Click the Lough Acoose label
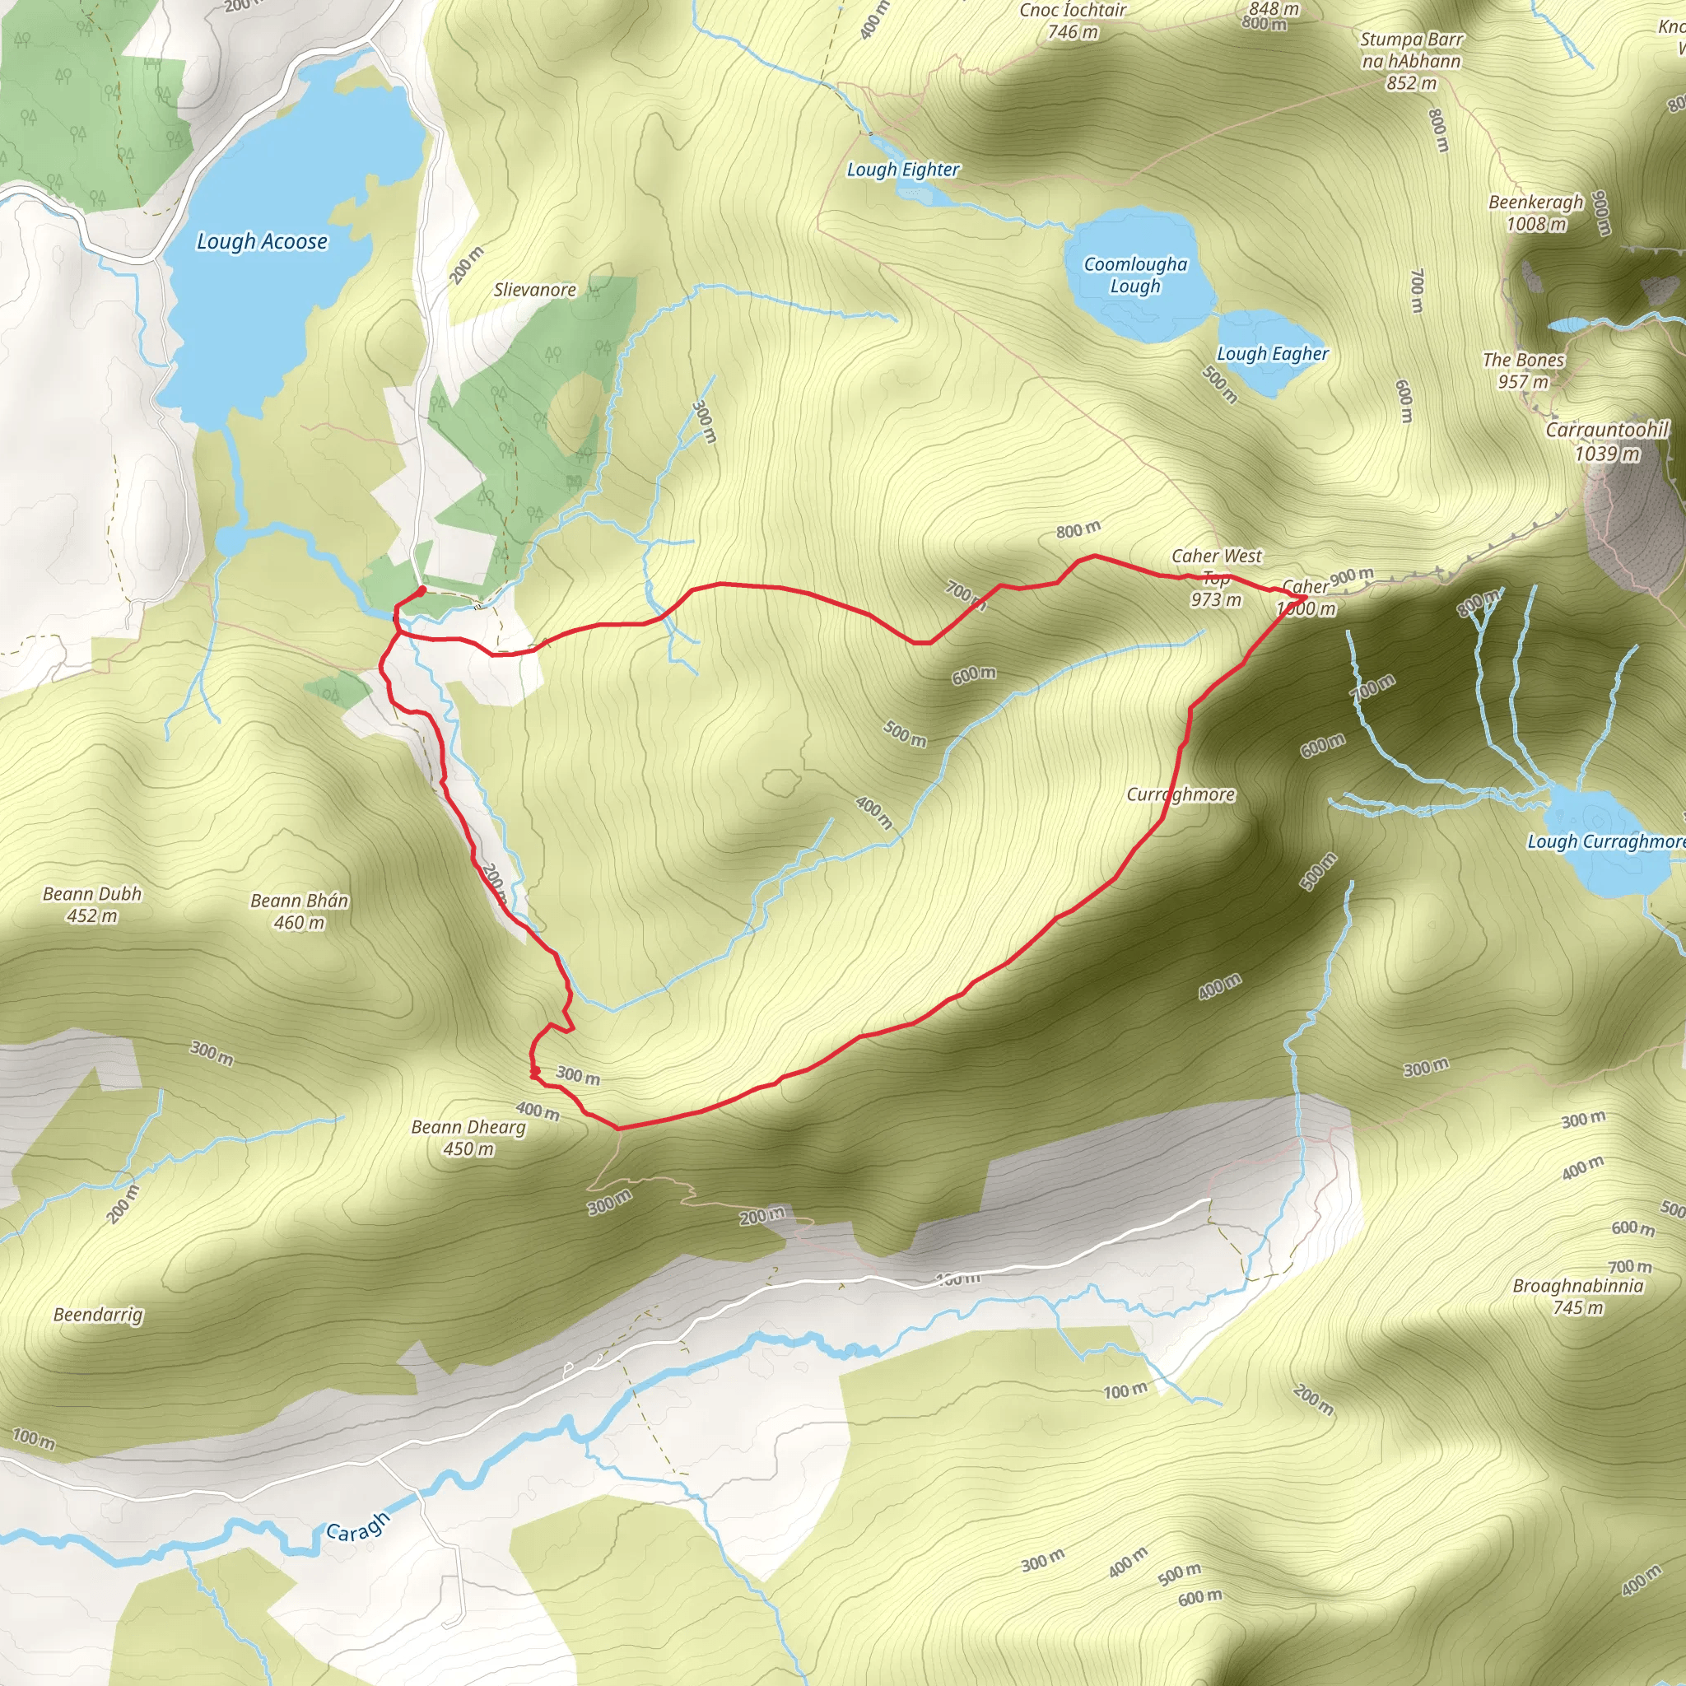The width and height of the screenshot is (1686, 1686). pyautogui.click(x=262, y=241)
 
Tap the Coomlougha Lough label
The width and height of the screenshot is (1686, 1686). pyautogui.click(x=1135, y=275)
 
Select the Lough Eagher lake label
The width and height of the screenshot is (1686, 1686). pyautogui.click(x=1273, y=353)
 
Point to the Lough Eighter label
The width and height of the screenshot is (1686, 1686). pyautogui.click(x=903, y=170)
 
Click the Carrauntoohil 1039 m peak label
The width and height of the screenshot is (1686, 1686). pyautogui.click(x=1607, y=441)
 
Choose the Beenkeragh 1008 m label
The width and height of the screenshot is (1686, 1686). pyautogui.click(x=1536, y=213)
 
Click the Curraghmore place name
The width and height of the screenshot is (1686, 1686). pyautogui.click(x=1181, y=794)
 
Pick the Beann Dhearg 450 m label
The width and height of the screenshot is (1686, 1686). pyautogui.click(x=468, y=1138)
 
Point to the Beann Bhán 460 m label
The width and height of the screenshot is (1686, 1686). pyautogui.click(x=300, y=911)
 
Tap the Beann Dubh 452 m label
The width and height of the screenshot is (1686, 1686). pyautogui.click(x=91, y=904)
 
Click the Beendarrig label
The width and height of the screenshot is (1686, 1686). pyautogui.click(x=98, y=1314)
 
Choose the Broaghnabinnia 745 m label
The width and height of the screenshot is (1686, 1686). pyautogui.click(x=1578, y=1296)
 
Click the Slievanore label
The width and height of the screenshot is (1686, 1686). pyautogui.click(x=535, y=290)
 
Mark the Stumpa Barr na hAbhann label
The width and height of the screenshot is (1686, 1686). pyautogui.click(x=1411, y=61)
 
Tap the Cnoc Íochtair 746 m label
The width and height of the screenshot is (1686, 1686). pyautogui.click(x=1073, y=21)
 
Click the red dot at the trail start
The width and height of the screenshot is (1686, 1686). pyautogui.click(x=422, y=591)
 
